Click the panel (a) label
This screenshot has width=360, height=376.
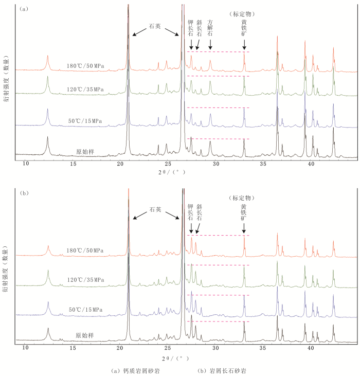[x=24, y=9]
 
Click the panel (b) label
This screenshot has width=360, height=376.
[x=24, y=193]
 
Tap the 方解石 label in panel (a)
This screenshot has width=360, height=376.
[x=210, y=28]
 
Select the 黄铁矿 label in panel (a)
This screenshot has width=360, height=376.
[x=244, y=29]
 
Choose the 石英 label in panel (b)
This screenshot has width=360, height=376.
[x=155, y=210]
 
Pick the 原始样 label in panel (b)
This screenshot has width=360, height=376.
[x=85, y=335]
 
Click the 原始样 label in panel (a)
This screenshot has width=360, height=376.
[x=85, y=152]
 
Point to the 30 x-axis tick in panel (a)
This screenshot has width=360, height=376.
[x=216, y=164]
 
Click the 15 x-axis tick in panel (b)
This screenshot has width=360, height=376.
[x=73, y=348]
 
